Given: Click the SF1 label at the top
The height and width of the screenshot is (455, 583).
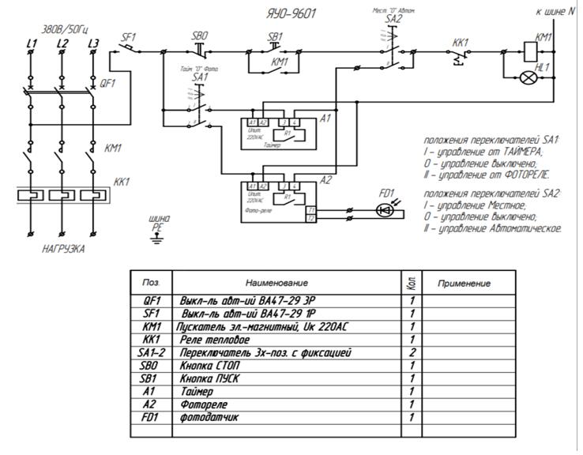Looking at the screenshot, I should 130,36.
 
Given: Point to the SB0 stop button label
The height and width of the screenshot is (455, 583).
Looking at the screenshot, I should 200,36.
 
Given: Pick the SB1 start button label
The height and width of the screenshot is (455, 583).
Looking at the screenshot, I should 275,36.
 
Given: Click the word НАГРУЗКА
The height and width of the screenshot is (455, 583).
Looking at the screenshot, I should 62,248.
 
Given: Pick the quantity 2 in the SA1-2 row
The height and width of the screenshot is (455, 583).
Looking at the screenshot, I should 411,352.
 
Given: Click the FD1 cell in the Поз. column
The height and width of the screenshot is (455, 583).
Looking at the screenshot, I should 151,416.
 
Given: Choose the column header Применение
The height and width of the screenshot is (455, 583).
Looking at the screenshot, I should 463,283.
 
